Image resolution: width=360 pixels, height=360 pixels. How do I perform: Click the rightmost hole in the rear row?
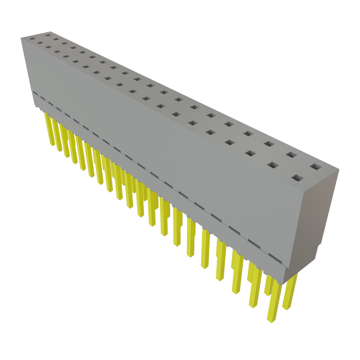click(315, 167)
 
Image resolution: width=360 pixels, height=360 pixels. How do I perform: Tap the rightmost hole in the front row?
click(297, 178)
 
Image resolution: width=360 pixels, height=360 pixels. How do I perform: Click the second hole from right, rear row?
click(290, 154)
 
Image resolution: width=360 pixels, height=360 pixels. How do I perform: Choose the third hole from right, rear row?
click(269, 143)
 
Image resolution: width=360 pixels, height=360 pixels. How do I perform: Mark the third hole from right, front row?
click(250, 153)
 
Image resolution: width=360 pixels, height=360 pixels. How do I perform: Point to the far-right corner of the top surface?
click(340, 170)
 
